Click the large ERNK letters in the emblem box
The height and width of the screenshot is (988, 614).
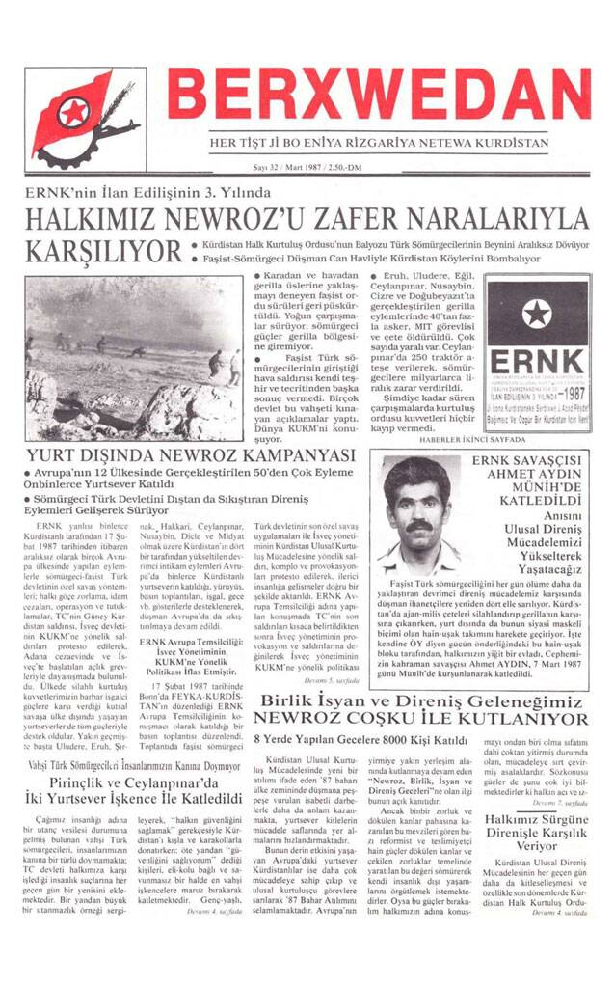click(x=537, y=355)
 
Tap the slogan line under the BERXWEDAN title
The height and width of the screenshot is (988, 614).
click(x=379, y=143)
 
